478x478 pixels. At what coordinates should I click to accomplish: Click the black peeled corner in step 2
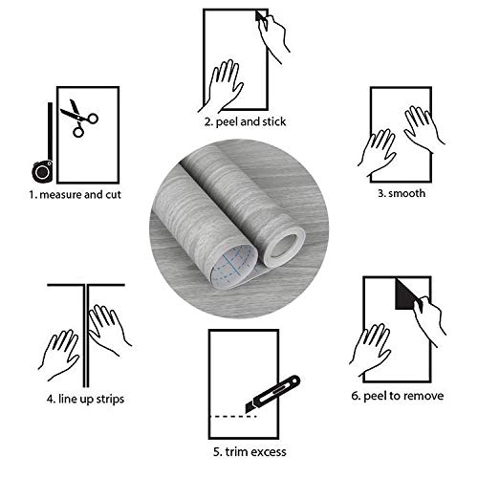[261, 17]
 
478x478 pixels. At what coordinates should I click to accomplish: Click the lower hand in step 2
[227, 83]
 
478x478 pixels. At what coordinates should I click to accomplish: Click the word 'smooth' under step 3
[411, 194]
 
